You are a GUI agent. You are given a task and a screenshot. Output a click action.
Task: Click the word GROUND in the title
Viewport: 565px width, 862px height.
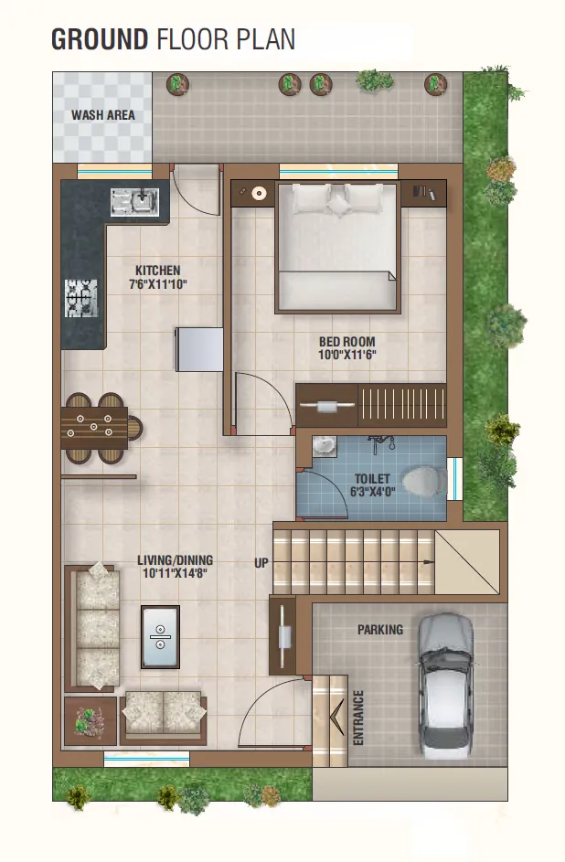click(100, 39)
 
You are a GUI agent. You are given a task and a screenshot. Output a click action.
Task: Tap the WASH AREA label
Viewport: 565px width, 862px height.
click(102, 115)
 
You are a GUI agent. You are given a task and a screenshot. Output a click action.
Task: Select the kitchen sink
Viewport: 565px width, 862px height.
click(134, 202)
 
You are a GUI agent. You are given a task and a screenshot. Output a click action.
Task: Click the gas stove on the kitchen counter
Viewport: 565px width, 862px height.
click(81, 299)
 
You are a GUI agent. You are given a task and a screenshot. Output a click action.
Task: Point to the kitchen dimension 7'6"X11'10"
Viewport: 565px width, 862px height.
click(158, 284)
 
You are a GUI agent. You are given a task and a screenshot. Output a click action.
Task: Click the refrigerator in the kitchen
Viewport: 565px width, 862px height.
click(199, 349)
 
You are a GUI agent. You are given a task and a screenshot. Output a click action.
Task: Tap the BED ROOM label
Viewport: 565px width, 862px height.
click(346, 341)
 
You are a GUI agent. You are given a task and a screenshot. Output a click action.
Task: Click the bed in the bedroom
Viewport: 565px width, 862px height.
click(337, 249)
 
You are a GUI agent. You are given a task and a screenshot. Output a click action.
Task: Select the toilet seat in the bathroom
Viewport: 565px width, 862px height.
click(424, 481)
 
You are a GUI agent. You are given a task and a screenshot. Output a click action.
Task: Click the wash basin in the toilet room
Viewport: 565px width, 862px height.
click(325, 446)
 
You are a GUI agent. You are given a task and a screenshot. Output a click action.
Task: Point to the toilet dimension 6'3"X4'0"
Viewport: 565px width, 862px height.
click(373, 492)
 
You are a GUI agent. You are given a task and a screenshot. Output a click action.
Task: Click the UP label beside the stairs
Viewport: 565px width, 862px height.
click(261, 563)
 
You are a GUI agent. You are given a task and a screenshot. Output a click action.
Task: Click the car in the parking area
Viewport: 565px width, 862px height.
click(446, 686)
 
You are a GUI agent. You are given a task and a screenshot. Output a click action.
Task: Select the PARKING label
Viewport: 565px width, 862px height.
click(380, 630)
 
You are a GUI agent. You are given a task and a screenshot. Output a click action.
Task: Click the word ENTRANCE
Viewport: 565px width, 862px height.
click(358, 718)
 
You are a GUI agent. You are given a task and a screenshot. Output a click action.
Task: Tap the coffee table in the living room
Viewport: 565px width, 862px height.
click(161, 636)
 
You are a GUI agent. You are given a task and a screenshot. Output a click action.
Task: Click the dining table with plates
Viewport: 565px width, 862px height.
click(94, 428)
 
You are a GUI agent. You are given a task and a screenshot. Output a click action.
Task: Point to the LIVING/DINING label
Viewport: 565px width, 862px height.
click(176, 560)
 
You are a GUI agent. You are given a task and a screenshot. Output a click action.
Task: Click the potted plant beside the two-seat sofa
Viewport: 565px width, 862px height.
click(91, 721)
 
